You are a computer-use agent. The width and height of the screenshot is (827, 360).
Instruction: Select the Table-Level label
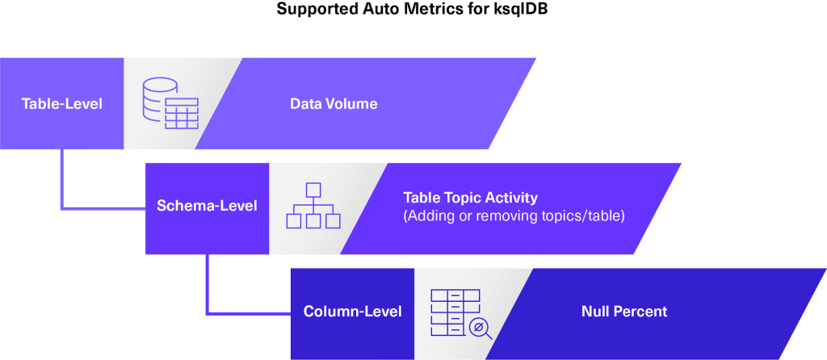pyautogui.click(x=61, y=103)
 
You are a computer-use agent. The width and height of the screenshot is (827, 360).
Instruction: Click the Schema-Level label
pyautogui.click(x=207, y=206)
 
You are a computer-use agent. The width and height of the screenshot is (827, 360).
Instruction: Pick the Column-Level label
pyautogui.click(x=352, y=312)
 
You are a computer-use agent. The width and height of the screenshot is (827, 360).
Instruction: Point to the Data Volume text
pyautogui.click(x=334, y=103)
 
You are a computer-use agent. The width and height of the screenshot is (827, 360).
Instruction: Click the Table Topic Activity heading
pyautogui.click(x=470, y=198)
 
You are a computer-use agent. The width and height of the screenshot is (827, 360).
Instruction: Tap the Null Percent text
pyautogui.click(x=624, y=312)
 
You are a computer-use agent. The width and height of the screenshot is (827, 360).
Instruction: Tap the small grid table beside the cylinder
pyautogui.click(x=182, y=115)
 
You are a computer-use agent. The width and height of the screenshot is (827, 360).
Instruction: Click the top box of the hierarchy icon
pyautogui.click(x=313, y=190)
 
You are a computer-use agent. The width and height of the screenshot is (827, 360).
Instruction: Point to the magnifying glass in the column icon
pyautogui.click(x=481, y=329)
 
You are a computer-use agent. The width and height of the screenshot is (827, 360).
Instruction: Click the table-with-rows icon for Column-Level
pyautogui.click(x=454, y=311)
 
